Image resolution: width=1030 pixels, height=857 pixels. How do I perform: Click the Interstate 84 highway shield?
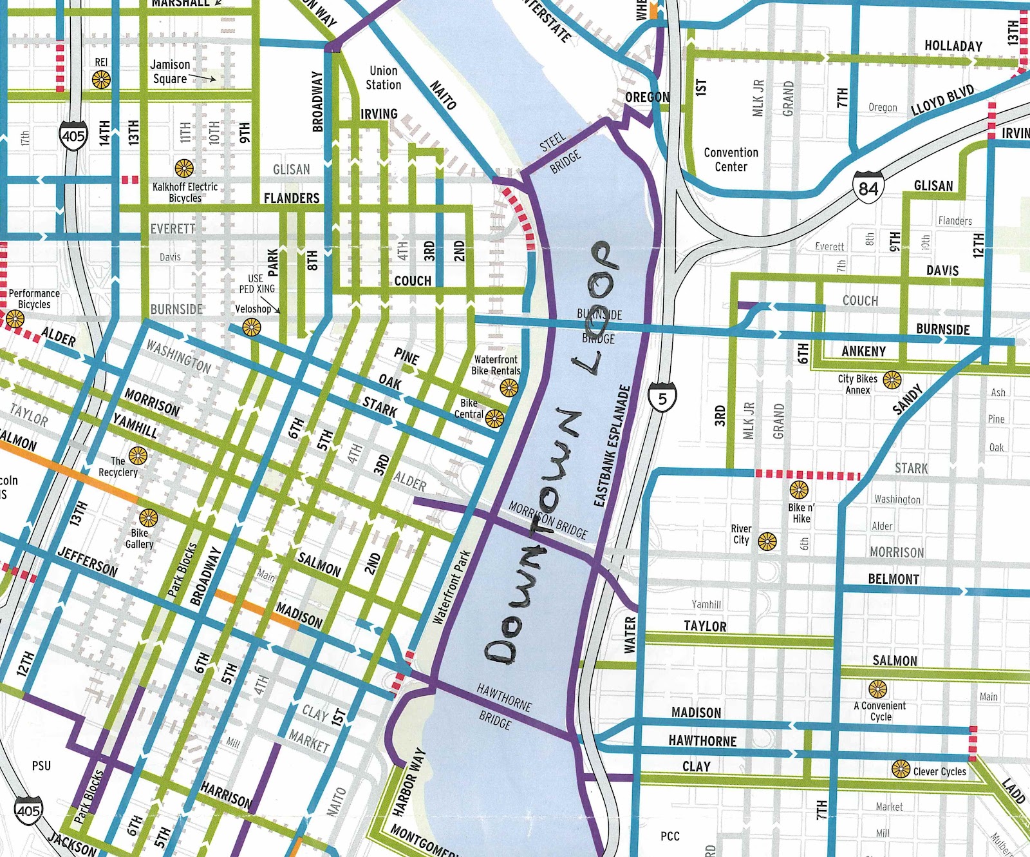click(x=868, y=188)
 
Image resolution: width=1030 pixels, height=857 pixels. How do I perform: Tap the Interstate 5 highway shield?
click(x=662, y=398)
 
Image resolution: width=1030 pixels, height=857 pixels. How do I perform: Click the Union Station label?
click(x=384, y=78)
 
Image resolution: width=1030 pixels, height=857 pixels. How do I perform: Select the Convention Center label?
click(x=731, y=160)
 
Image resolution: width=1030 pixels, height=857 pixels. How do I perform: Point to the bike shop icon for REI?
click(x=101, y=80)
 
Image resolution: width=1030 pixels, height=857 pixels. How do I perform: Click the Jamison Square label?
click(x=170, y=72)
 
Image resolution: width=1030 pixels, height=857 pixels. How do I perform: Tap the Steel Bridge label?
click(x=559, y=153)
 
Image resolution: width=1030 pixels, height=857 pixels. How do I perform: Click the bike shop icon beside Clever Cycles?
click(x=901, y=769)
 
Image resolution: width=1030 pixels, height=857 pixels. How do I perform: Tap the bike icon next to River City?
click(x=767, y=541)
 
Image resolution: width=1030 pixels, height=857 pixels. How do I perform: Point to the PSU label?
click(x=41, y=766)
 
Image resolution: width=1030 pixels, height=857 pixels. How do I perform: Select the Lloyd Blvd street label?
click(x=942, y=100)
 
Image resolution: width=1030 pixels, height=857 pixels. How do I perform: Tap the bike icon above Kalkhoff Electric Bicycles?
click(x=184, y=169)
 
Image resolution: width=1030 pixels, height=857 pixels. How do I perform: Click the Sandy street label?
click(x=908, y=400)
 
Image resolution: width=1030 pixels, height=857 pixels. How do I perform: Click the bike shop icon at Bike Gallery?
click(x=149, y=518)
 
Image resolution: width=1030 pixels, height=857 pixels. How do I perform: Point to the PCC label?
click(x=669, y=836)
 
